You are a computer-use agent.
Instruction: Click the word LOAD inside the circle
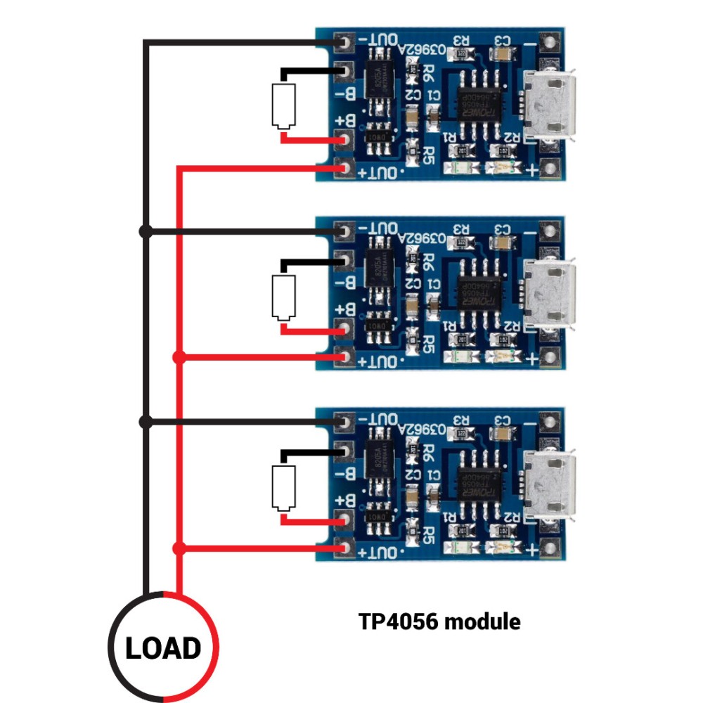(163, 647)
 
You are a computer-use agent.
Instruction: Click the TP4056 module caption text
(440, 621)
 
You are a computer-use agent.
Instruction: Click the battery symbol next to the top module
(283, 105)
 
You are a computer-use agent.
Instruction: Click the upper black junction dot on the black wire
(146, 231)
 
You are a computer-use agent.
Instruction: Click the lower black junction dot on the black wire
(146, 422)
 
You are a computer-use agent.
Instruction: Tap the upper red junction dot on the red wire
(179, 357)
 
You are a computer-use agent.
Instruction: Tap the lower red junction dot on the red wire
(179, 548)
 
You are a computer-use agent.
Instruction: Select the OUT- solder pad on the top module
(344, 43)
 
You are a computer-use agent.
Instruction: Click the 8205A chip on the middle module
(380, 271)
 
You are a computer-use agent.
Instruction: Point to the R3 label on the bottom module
(461, 420)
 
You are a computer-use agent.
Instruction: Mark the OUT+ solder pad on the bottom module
(344, 548)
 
